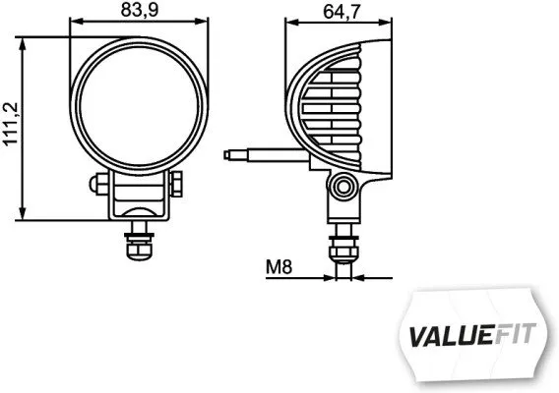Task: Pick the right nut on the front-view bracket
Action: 180,184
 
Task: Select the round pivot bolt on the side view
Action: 342,185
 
